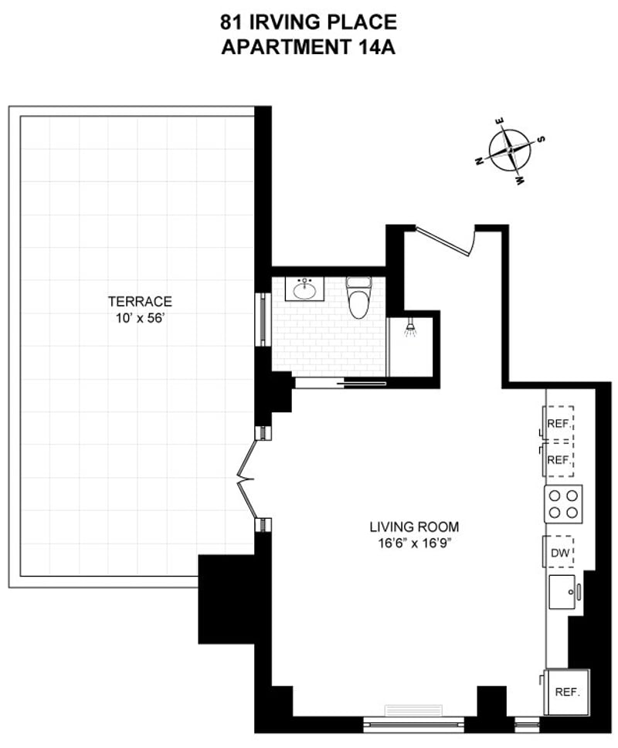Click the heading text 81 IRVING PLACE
[309, 22]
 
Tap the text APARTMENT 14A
[309, 47]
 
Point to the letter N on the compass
[480, 161]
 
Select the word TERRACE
[140, 301]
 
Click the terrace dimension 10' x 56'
[140, 316]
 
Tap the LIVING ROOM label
[414, 527]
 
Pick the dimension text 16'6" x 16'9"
[414, 543]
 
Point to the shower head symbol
[411, 329]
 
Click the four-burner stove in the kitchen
[563, 504]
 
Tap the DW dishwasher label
[560, 553]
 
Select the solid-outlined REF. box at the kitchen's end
[567, 691]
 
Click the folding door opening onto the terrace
[248, 479]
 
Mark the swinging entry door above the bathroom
[447, 240]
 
